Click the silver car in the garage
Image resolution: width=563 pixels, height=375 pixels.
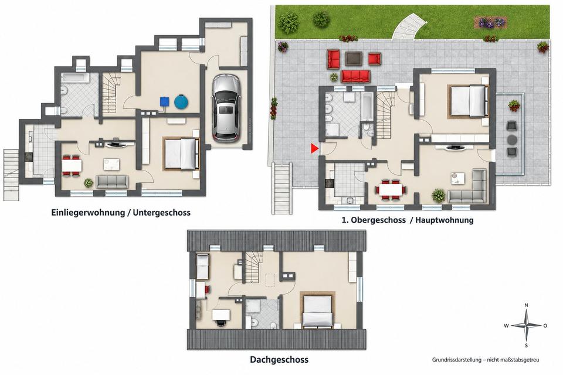tap(226, 108)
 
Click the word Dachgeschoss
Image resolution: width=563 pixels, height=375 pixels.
tap(279, 360)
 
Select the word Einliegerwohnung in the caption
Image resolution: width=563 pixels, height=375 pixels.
tap(88, 213)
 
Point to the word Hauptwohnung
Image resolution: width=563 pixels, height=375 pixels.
tap(444, 220)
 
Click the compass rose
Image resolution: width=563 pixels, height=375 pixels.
tap(526, 325)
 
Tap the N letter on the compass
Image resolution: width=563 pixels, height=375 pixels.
tap(527, 305)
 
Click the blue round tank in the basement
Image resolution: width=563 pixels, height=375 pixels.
tap(181, 101)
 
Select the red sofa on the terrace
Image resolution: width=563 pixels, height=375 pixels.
tap(355, 76)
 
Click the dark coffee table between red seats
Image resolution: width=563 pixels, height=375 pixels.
tap(354, 59)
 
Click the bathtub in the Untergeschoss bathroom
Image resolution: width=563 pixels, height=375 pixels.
tap(75, 78)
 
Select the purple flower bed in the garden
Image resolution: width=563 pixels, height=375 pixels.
tap(490, 23)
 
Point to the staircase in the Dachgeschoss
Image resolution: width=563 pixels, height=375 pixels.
tap(254, 267)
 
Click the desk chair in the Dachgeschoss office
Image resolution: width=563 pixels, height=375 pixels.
tap(220, 322)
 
